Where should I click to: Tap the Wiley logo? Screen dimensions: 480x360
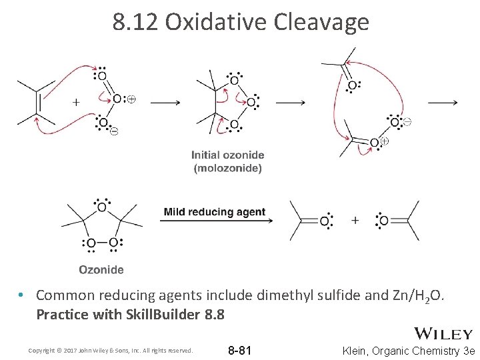pyautogui.click(x=443, y=333)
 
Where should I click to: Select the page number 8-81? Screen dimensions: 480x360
pyautogui.click(x=239, y=351)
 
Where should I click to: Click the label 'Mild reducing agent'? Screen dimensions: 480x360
pyautogui.click(x=215, y=213)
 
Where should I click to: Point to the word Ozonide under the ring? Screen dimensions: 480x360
pyautogui.click(x=101, y=270)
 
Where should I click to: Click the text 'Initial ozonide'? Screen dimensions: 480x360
pyautogui.click(x=228, y=155)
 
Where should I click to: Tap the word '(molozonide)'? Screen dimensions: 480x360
pyautogui.click(x=228, y=168)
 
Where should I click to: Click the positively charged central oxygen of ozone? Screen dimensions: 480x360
pyautogui.click(x=117, y=99)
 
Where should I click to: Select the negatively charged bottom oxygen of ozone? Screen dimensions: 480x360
pyautogui.click(x=102, y=123)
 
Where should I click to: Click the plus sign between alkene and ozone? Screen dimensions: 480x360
pyautogui.click(x=76, y=102)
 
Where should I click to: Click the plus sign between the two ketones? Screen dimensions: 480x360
pyautogui.click(x=355, y=220)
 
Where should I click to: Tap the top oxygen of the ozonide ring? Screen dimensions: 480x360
pyautogui.click(x=102, y=207)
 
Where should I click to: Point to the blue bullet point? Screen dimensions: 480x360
pyautogui.click(x=22, y=295)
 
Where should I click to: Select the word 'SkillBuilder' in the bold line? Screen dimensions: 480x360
pyautogui.click(x=162, y=314)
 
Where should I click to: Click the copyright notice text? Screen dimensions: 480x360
pyautogui.click(x=110, y=351)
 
